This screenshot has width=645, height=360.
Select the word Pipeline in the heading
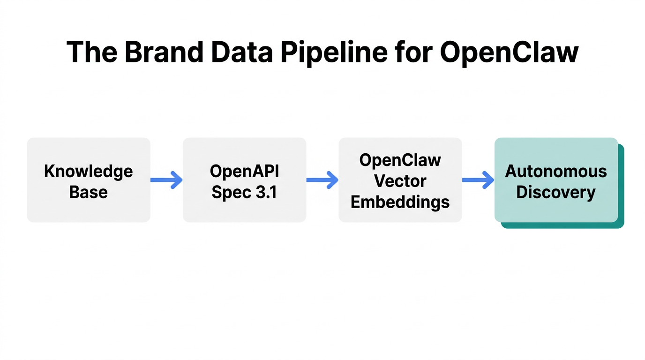point(334,52)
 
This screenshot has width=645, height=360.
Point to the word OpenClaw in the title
point(509,52)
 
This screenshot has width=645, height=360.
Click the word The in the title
point(90,52)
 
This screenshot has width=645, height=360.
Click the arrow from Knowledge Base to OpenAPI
point(166,180)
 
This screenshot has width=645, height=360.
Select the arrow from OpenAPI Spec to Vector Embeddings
point(322,180)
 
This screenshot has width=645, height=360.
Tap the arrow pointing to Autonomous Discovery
point(478,180)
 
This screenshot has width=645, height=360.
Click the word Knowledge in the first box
point(89,172)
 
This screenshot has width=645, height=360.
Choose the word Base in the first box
point(89,192)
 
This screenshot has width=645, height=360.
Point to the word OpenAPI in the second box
point(244,172)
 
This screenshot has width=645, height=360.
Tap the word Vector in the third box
point(400,181)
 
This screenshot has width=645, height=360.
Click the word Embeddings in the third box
point(400,202)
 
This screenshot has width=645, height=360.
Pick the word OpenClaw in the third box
point(400,160)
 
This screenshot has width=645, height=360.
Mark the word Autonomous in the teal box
point(556,172)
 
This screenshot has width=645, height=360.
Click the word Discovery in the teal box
point(556,192)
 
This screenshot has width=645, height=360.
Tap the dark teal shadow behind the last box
point(621,187)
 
